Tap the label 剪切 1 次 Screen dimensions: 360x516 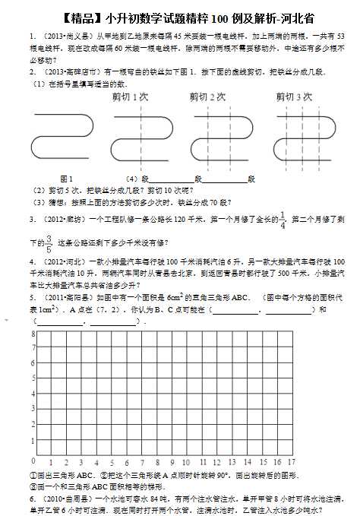click(129, 97)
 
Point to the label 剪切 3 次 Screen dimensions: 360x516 click(294, 97)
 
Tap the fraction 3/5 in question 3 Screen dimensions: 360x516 click(49, 243)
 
